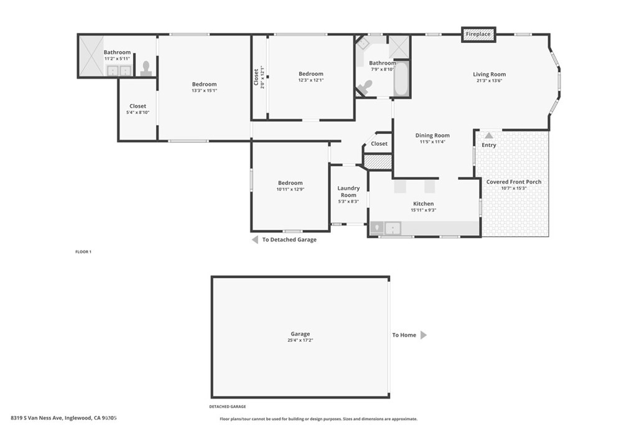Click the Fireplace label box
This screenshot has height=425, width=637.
tap(478, 34)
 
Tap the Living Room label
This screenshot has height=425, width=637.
tap(489, 74)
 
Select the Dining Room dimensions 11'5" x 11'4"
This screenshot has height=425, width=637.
tap(432, 142)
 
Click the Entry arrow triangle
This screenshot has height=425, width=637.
tap(489, 135)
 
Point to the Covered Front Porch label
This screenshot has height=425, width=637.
tap(513, 182)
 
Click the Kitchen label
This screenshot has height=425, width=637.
tap(423, 203)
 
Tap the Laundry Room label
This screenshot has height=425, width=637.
tap(348, 192)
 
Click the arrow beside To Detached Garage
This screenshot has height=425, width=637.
tap(254, 240)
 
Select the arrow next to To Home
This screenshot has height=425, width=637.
tap(423, 335)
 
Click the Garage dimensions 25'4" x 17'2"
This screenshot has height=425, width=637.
tap(300, 340)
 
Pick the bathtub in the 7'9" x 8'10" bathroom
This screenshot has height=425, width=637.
tap(401, 79)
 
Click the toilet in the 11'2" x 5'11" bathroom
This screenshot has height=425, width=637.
tap(146, 68)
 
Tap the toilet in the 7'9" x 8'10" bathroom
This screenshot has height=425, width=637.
tap(365, 87)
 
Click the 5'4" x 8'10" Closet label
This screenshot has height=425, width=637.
tap(137, 106)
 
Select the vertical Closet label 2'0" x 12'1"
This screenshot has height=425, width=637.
tap(258, 77)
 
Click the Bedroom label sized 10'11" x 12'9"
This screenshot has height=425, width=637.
tap(290, 183)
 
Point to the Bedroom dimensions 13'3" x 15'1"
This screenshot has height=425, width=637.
tap(204, 91)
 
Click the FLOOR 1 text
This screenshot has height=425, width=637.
tap(83, 252)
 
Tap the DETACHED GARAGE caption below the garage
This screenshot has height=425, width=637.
tap(228, 407)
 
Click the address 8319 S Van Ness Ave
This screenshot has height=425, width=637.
tap(36, 418)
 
